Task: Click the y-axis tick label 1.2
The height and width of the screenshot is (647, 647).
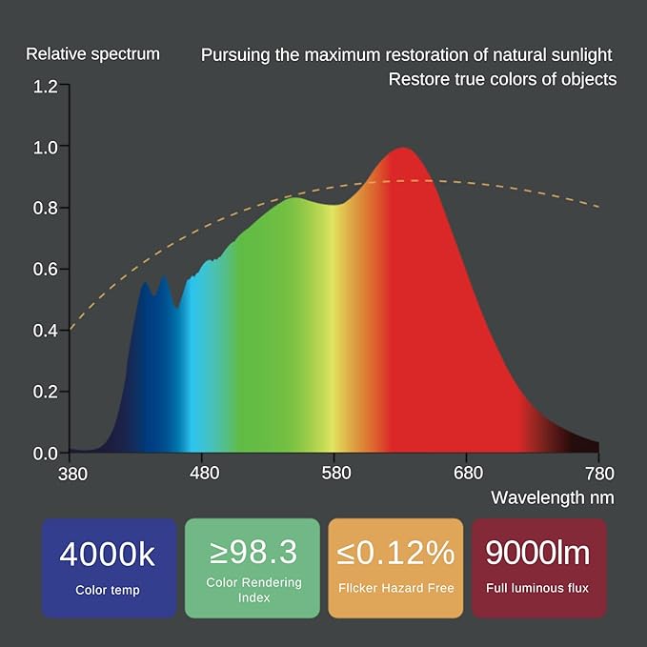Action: [45, 87]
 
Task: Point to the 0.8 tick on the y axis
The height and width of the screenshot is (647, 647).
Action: [45, 209]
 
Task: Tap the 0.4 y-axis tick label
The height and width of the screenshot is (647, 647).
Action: [45, 331]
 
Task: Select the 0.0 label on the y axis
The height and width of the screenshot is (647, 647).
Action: [45, 453]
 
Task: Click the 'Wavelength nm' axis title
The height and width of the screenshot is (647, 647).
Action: [553, 497]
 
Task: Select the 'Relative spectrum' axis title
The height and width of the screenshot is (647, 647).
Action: [92, 53]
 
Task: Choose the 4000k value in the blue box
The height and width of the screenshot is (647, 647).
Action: [108, 554]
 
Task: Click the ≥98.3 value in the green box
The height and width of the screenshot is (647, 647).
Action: [253, 552]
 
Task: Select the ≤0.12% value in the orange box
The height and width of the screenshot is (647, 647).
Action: [394, 553]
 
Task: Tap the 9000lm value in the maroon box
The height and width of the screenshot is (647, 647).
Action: [538, 553]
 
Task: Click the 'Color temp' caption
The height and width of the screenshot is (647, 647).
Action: [108, 591]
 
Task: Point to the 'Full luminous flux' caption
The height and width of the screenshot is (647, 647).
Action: [538, 589]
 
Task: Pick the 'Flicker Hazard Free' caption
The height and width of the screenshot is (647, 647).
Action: [394, 589]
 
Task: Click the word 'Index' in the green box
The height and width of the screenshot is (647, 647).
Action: [253, 598]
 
